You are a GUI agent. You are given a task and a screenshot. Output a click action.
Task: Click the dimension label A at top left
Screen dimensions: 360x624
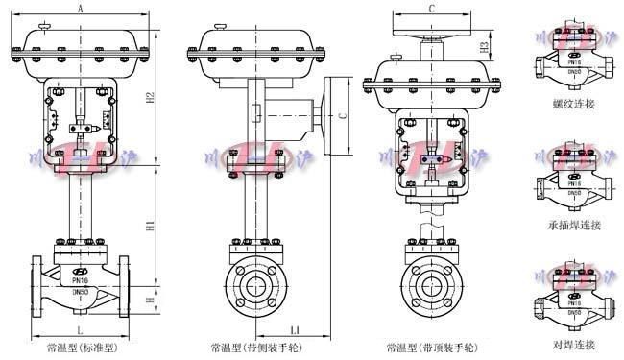click(79, 8)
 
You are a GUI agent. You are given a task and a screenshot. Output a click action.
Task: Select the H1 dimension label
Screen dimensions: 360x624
click(151, 225)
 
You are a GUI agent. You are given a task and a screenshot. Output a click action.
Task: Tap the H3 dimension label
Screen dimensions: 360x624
click(486, 46)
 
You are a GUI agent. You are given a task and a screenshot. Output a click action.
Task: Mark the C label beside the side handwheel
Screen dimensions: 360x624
click(344, 116)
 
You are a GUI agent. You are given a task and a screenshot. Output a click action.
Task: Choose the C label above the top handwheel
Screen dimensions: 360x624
click(432, 8)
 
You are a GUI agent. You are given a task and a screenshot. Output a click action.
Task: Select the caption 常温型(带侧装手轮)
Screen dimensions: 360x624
click(251, 346)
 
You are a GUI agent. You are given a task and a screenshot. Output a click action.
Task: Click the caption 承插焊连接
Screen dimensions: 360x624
click(574, 225)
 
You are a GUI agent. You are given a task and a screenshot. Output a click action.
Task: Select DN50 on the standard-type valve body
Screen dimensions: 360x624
click(81, 293)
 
